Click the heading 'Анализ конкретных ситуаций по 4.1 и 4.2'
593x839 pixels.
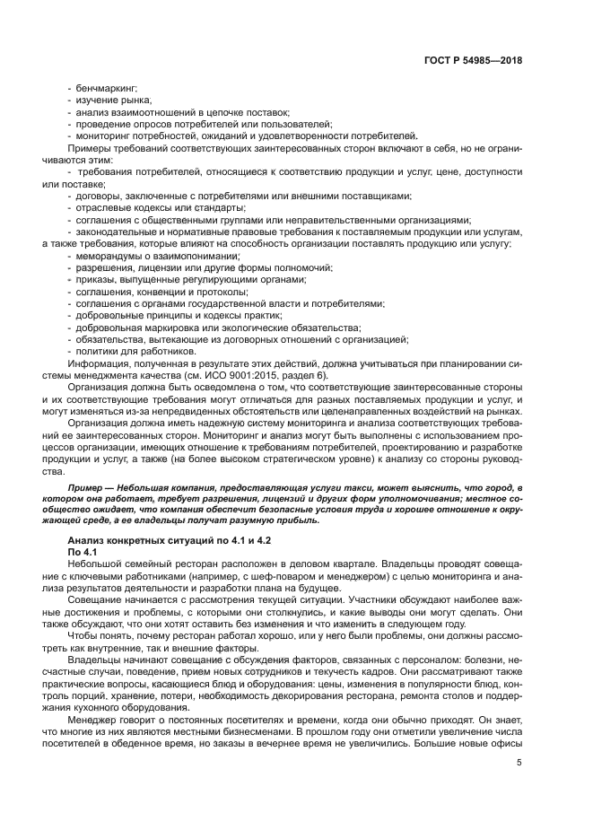[x=157, y=541]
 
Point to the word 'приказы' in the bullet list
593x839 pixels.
[x=92, y=280]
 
